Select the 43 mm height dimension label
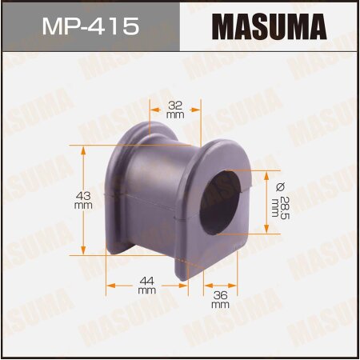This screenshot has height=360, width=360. click(82, 199)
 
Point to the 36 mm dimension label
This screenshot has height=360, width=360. click(220, 300)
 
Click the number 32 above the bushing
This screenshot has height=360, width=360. click(176, 103)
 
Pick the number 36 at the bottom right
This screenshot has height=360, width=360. click(220, 295)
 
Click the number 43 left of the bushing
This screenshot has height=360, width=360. click(82, 194)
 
